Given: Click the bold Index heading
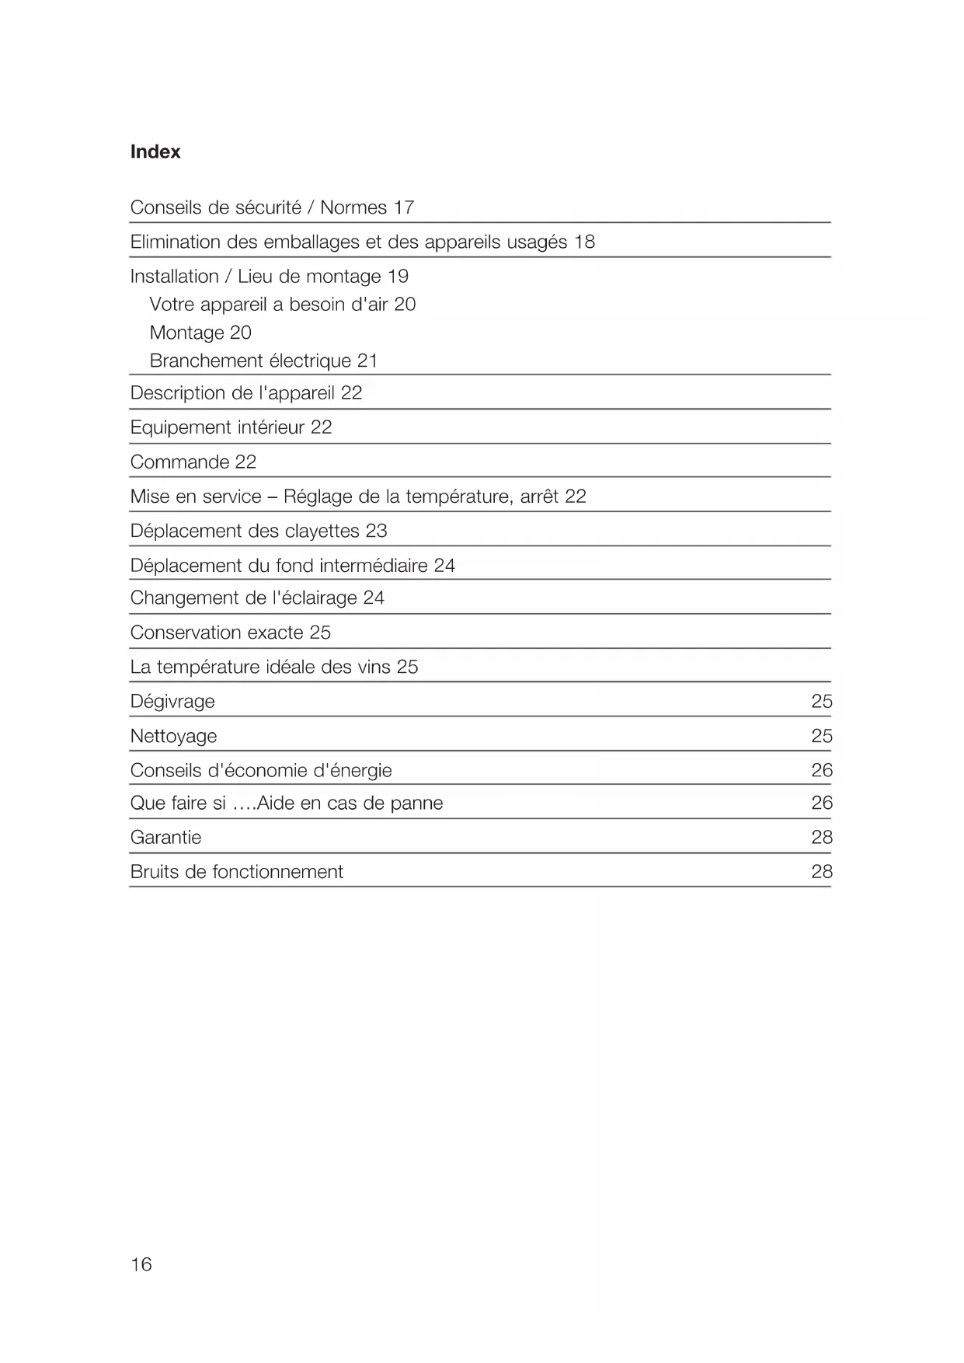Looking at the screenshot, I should (155, 152).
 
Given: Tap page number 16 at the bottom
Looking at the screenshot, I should (141, 1264).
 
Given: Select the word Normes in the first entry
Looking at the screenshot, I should (353, 207).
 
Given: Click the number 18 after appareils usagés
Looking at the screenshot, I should (584, 242).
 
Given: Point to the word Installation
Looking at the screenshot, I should (174, 276).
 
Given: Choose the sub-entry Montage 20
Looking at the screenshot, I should (200, 333).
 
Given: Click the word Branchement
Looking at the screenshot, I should (206, 361).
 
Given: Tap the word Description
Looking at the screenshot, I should (178, 392).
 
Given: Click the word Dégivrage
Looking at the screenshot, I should (172, 701).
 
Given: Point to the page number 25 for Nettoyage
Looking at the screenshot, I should (821, 736).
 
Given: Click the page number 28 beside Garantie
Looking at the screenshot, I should (821, 837).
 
